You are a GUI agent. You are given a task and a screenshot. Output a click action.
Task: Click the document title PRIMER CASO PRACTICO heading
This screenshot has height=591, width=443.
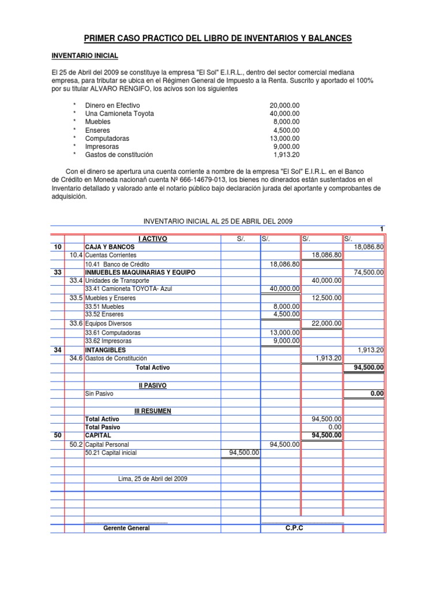217,38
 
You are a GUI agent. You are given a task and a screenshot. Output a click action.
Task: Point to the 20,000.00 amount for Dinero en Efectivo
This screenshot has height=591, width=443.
284,106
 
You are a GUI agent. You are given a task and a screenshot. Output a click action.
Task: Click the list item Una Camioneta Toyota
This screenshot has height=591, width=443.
119,114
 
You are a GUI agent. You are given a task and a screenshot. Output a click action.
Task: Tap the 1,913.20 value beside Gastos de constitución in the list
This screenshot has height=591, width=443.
286,155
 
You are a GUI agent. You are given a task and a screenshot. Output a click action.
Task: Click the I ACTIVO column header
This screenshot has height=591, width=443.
153,238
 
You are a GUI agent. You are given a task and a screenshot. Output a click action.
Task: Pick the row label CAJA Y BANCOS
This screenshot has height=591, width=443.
110,246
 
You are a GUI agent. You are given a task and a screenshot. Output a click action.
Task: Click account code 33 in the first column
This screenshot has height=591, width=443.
57,272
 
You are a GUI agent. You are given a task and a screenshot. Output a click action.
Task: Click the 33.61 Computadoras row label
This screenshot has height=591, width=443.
112,332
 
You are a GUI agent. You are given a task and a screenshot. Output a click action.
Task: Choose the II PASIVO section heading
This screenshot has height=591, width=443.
152,384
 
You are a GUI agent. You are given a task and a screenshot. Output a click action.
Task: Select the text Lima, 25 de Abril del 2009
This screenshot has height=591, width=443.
152,478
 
